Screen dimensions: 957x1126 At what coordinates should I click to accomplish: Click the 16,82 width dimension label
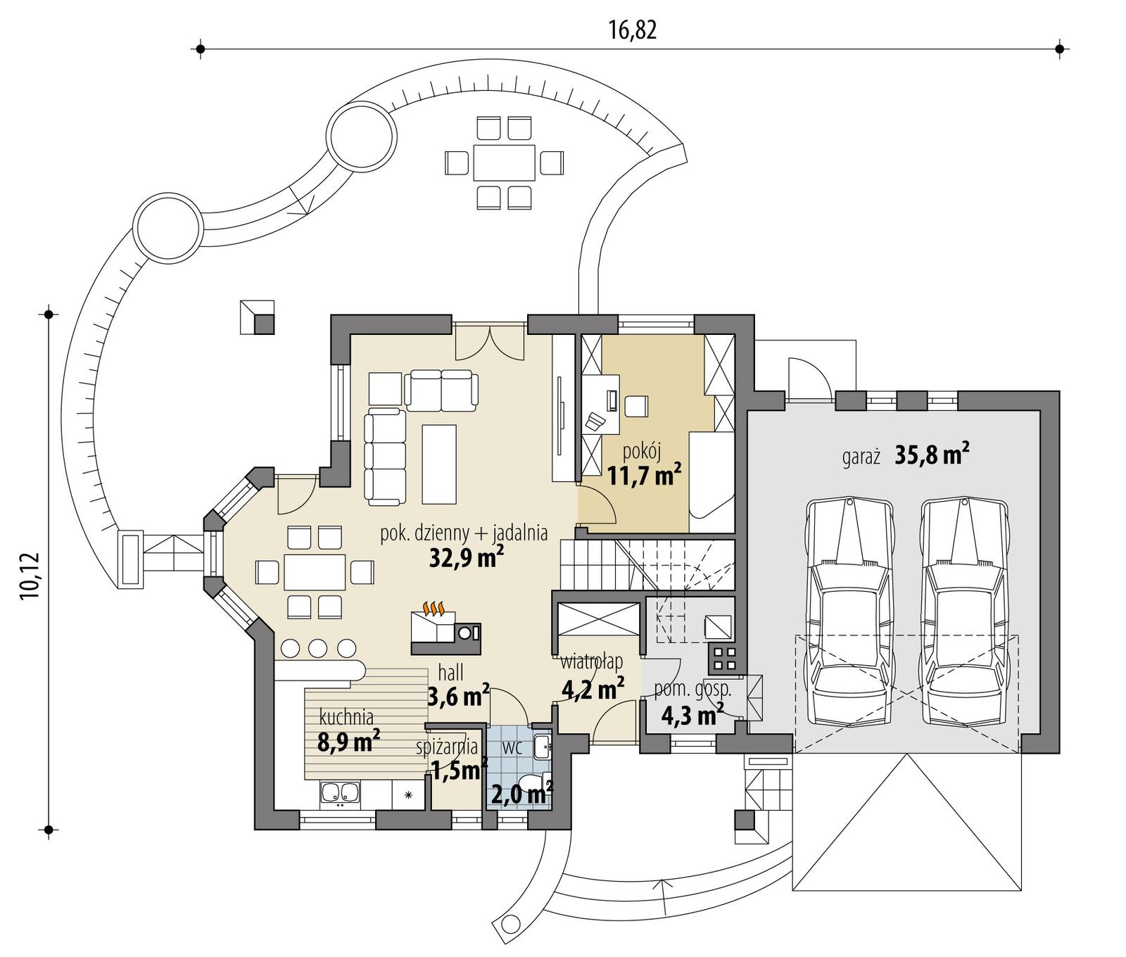pyautogui.click(x=631, y=30)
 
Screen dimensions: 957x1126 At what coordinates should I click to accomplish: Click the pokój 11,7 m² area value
pyautogui.click(x=644, y=476)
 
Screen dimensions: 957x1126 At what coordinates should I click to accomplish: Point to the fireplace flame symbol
pyautogui.click(x=433, y=608)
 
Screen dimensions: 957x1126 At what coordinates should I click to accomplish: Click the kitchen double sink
pyautogui.click(x=341, y=794)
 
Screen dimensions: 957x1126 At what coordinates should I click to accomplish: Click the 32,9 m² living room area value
pyautogui.click(x=466, y=558)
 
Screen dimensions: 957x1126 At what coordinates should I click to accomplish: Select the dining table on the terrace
pyautogui.click(x=504, y=163)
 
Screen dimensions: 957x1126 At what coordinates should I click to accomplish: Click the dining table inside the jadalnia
pyautogui.click(x=315, y=571)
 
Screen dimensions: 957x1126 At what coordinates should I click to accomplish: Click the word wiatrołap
pyautogui.click(x=591, y=662)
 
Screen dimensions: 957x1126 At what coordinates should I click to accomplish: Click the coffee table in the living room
pyautogui.click(x=439, y=463)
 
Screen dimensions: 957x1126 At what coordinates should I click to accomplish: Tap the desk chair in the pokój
pyautogui.click(x=636, y=407)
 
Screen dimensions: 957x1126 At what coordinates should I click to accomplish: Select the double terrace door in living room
pyautogui.click(x=488, y=341)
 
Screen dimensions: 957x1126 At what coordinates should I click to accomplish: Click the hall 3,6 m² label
pyautogui.click(x=457, y=686)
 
